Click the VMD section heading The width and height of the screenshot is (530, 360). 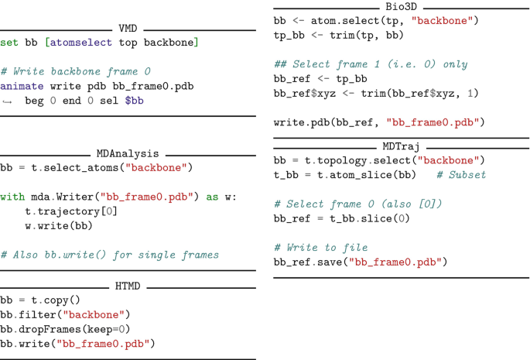coord(128,29)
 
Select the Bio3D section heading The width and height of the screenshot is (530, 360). coord(401,6)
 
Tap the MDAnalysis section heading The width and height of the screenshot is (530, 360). coord(128,154)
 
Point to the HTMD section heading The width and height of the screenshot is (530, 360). coord(128,286)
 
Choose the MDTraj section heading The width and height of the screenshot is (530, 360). coord(401,146)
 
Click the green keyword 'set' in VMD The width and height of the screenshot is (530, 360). coord(9,42)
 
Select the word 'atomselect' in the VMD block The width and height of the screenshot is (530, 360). coord(80,42)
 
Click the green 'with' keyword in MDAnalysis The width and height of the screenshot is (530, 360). coord(12,197)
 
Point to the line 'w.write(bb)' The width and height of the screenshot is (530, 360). coord(58,226)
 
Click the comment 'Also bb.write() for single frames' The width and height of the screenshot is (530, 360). coord(110,255)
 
